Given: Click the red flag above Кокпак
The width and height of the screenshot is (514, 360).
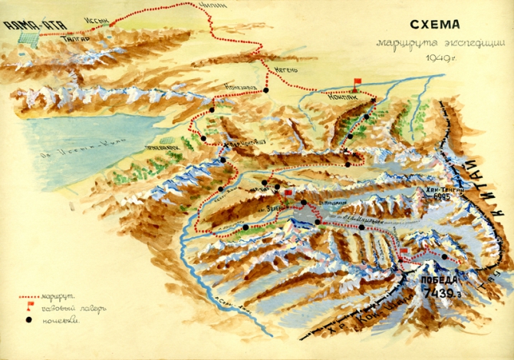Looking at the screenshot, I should (x=356, y=81).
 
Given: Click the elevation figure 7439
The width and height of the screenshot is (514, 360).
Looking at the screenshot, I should (x=439, y=294).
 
